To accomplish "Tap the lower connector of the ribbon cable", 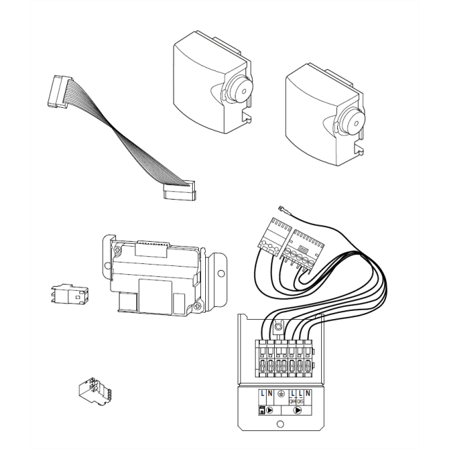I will click(x=179, y=191).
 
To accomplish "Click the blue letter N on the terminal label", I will click(x=307, y=393).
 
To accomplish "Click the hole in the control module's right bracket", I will click(x=220, y=273).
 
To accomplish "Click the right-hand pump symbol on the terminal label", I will click(x=299, y=409).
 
